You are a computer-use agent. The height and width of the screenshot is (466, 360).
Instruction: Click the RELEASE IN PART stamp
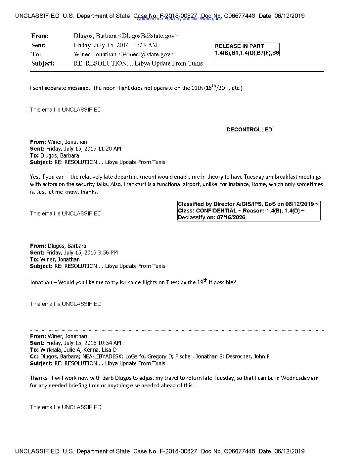pos(247,49)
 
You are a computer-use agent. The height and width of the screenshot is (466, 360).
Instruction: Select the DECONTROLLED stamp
pos(249,130)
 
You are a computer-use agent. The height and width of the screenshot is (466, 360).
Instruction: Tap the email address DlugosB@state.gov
pos(148,36)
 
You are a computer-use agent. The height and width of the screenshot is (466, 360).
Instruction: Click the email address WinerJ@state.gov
pos(146,54)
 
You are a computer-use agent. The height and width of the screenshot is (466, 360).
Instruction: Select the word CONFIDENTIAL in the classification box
pos(216,211)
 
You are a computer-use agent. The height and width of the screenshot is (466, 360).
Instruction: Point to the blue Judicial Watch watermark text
pos(180,19)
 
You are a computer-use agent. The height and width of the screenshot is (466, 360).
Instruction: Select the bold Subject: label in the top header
pos(43,64)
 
